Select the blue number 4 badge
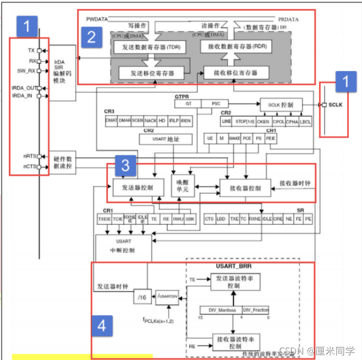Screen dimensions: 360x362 click(102, 327)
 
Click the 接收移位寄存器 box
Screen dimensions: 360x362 click(236, 73)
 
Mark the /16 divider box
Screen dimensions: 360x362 click(142, 298)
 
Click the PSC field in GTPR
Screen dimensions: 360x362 click(216, 104)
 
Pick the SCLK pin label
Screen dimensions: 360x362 click(337, 105)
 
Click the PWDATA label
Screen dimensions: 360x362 click(97, 19)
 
